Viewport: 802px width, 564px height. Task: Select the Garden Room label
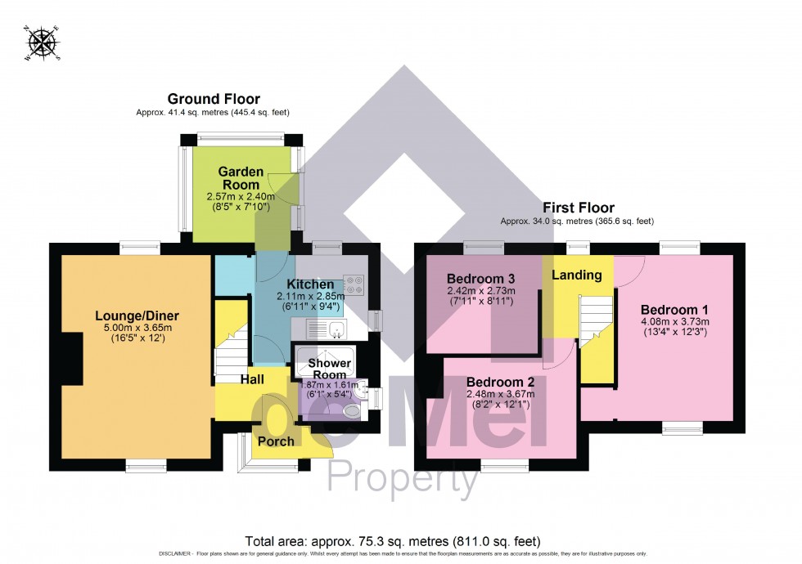click(241, 178)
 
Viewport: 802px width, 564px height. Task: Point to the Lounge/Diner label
click(137, 316)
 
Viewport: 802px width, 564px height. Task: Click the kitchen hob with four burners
click(355, 284)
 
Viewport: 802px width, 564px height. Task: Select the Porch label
click(276, 441)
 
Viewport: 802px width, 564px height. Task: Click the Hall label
click(252, 380)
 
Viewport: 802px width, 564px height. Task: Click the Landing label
click(577, 275)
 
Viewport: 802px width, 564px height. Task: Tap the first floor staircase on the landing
click(596, 319)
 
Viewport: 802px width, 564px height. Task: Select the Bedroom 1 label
click(674, 310)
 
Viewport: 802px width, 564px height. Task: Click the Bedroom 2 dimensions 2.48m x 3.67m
click(502, 394)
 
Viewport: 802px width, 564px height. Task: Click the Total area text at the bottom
click(393, 541)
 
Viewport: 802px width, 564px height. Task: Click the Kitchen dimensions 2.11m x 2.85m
click(315, 296)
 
